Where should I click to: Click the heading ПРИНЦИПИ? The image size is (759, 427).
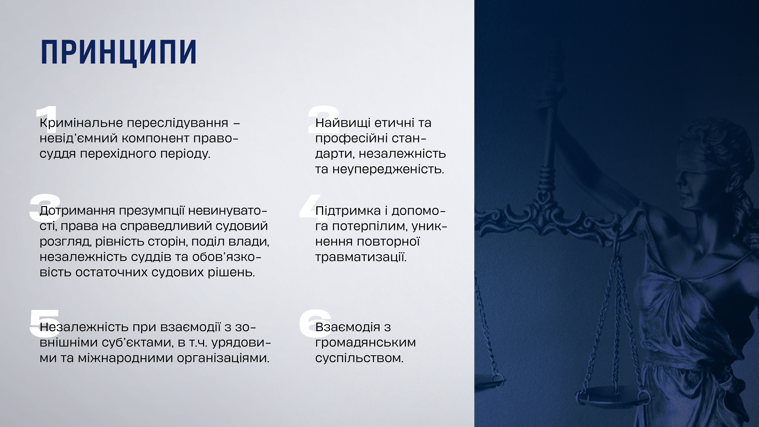tap(118, 52)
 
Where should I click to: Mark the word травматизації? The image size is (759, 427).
tap(361, 258)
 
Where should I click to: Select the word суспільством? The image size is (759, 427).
tap(359, 358)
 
